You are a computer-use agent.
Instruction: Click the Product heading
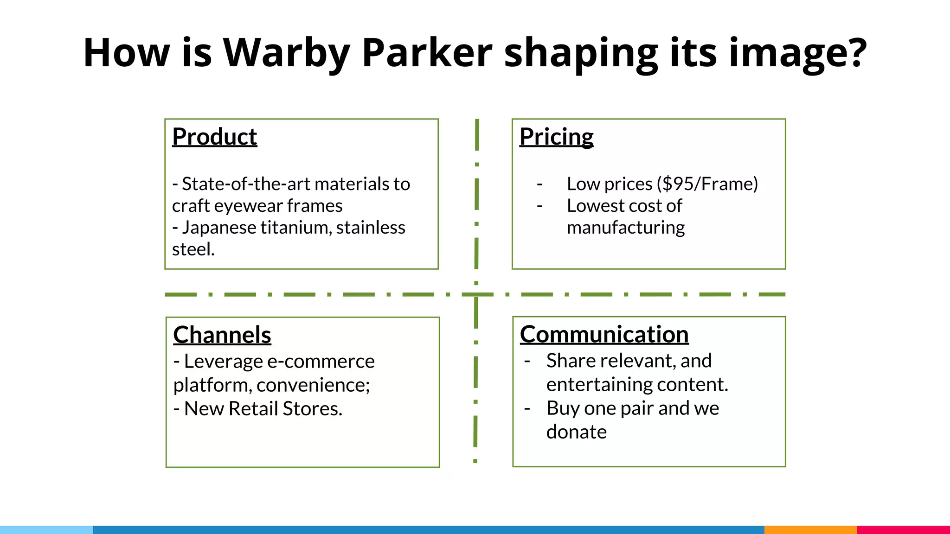tap(214, 137)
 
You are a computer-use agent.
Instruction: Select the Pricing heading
tap(556, 137)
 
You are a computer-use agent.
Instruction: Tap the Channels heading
tap(222, 335)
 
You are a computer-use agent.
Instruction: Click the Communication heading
tap(604, 334)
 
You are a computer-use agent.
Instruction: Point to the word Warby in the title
tap(286, 53)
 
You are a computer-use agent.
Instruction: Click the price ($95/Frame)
tap(707, 184)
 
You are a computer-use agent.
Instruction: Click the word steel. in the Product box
tap(193, 249)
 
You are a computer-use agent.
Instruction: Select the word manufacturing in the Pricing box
tap(625, 228)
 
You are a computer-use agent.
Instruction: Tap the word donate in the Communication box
tap(576, 432)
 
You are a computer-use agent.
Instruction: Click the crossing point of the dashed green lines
tap(476, 294)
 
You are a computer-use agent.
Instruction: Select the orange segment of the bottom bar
tap(810, 529)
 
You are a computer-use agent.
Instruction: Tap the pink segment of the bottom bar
tap(903, 529)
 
